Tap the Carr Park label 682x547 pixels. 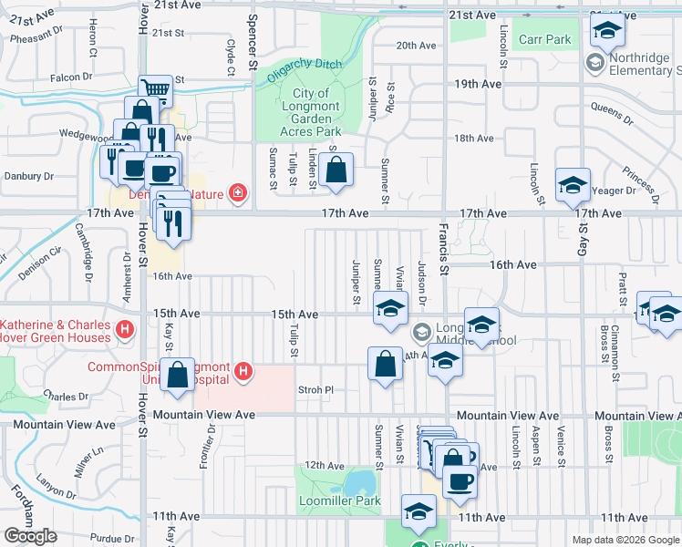(544, 39)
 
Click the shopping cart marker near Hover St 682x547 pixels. (156, 90)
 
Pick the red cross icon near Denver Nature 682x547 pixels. (237, 192)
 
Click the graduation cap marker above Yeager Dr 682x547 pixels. (572, 185)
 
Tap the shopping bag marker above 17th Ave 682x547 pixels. (336, 169)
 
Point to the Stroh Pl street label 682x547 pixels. (316, 390)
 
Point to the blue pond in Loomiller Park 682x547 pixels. (362, 480)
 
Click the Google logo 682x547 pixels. (31, 536)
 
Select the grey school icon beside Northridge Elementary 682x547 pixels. (594, 63)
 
